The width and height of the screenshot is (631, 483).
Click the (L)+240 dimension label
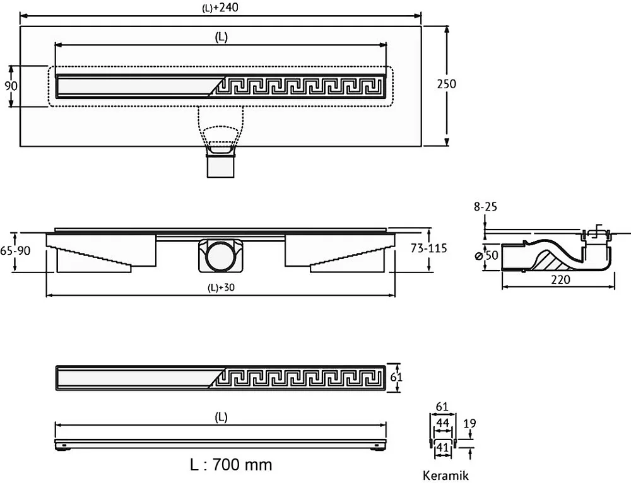click(x=220, y=7)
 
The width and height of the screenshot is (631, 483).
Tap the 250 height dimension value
click(x=447, y=84)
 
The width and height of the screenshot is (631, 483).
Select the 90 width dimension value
click(x=11, y=86)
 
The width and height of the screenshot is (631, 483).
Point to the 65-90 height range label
click(x=15, y=250)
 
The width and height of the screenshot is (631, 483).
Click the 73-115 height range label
click(x=428, y=248)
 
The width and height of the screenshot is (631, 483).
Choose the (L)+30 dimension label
click(x=221, y=287)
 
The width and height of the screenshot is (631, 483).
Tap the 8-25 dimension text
click(x=485, y=207)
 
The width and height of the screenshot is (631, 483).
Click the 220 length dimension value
click(x=560, y=279)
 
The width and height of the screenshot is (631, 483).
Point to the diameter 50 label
click(x=487, y=255)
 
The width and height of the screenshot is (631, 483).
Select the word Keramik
click(x=445, y=476)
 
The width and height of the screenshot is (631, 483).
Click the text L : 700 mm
click(x=231, y=465)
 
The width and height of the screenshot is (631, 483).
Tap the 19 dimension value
click(x=469, y=424)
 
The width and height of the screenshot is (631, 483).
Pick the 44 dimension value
click(x=443, y=422)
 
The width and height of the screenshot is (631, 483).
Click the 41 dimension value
click(x=443, y=447)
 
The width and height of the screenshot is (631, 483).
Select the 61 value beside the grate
click(x=396, y=377)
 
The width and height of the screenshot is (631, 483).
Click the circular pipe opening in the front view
click(x=220, y=256)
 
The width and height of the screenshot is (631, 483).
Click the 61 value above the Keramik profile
click(x=442, y=407)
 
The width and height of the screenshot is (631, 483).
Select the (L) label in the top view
click(x=221, y=37)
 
